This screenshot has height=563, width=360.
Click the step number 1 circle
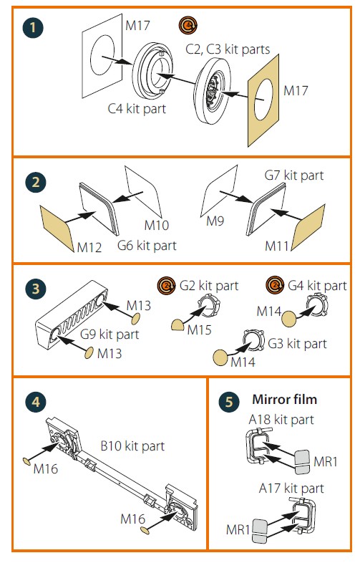(33, 28)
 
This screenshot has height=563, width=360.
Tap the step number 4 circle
(36, 402)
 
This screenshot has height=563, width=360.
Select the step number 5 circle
(229, 402)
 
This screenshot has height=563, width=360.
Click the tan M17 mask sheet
(264, 101)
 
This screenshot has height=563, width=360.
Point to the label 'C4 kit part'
(137, 108)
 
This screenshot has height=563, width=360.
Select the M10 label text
(157, 225)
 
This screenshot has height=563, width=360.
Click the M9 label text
(215, 221)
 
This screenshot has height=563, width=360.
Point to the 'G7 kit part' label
(294, 175)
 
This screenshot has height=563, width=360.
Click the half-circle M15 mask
(177, 325)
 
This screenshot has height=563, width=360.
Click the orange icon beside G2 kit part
(166, 286)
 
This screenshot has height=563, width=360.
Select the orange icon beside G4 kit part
(275, 285)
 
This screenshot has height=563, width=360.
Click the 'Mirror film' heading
(285, 399)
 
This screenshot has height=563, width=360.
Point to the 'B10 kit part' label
(132, 446)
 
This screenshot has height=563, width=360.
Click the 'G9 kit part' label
(110, 335)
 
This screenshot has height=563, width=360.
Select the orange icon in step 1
(188, 26)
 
